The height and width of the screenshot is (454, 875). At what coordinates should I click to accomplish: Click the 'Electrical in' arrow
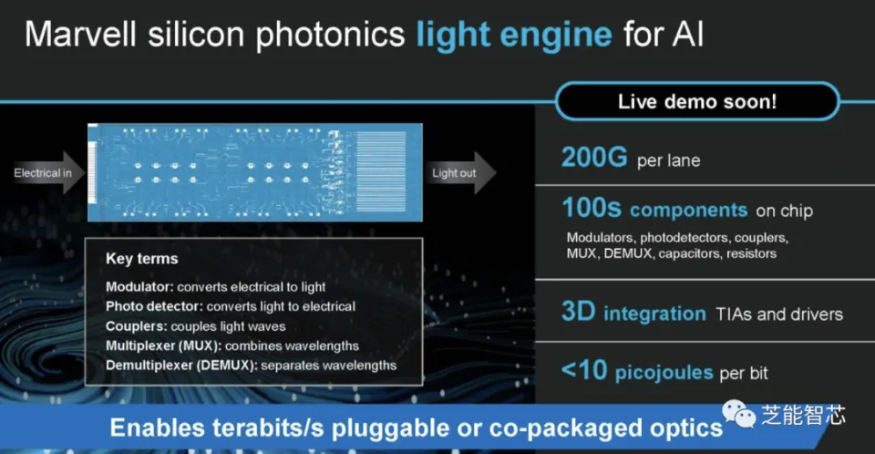48,172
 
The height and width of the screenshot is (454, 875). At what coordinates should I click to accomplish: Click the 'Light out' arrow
459,172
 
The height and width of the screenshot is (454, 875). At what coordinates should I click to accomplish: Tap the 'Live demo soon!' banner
697,101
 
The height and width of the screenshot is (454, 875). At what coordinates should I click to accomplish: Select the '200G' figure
594,158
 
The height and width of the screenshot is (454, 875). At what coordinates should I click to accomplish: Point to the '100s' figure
591,208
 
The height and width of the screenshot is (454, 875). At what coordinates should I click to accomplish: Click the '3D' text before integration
578,312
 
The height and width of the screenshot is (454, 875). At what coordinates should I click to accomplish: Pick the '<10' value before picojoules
583,370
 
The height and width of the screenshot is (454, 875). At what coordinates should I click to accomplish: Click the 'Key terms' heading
142,259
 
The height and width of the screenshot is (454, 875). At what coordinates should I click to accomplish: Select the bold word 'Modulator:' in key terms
139,287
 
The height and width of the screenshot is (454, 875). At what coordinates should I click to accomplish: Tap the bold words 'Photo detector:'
154,306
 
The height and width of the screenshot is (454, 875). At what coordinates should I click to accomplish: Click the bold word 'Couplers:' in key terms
136,326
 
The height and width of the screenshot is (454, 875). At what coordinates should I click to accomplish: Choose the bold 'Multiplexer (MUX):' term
163,346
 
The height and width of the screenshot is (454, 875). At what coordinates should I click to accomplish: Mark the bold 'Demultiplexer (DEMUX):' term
181,366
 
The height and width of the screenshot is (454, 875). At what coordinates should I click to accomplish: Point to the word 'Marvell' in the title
81,34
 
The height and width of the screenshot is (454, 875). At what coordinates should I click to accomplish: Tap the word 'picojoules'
664,373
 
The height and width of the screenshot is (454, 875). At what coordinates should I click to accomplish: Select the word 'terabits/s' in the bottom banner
268,428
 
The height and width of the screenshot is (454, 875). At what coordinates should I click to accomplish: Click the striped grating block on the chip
382,171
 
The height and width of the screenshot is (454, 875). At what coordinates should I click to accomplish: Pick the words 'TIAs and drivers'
779,315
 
